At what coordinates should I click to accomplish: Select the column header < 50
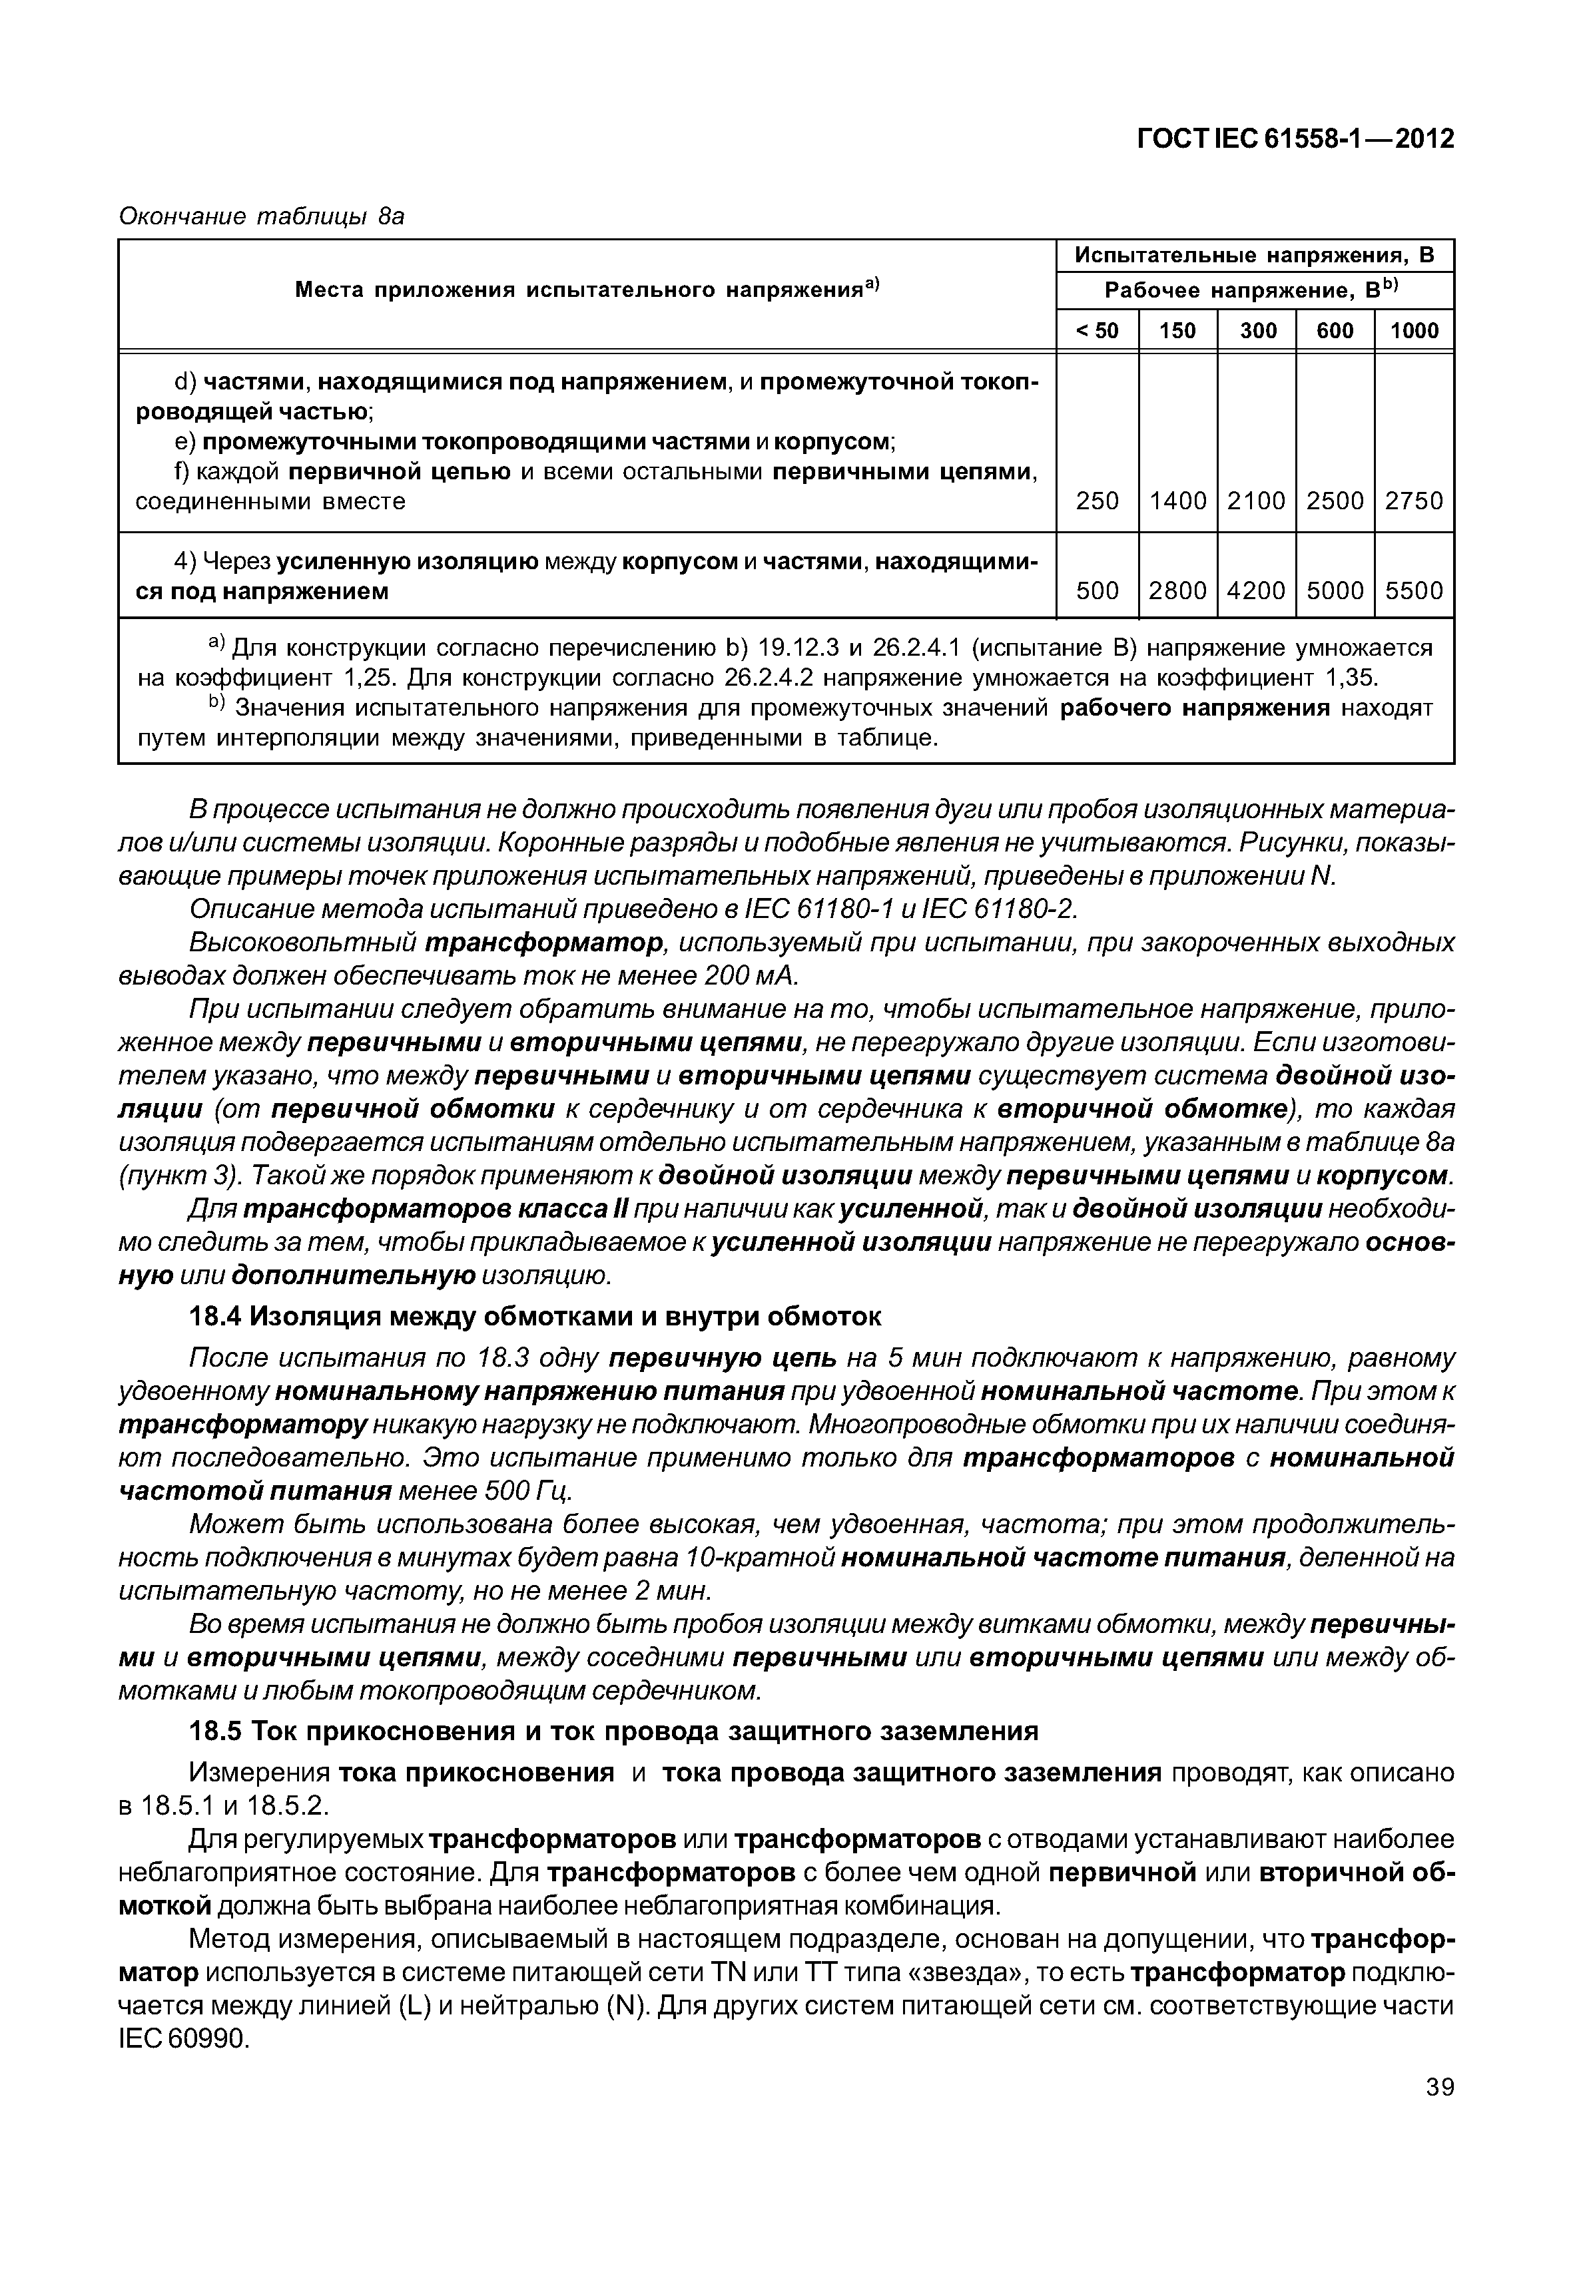pos(1096,330)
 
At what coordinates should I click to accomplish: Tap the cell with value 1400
pos(1178,501)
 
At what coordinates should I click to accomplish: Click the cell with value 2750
pos(1413,501)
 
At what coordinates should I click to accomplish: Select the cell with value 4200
pos(1257,590)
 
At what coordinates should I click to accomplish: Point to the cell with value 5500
pos(1413,590)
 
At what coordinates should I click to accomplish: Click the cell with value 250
pos(1097,501)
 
